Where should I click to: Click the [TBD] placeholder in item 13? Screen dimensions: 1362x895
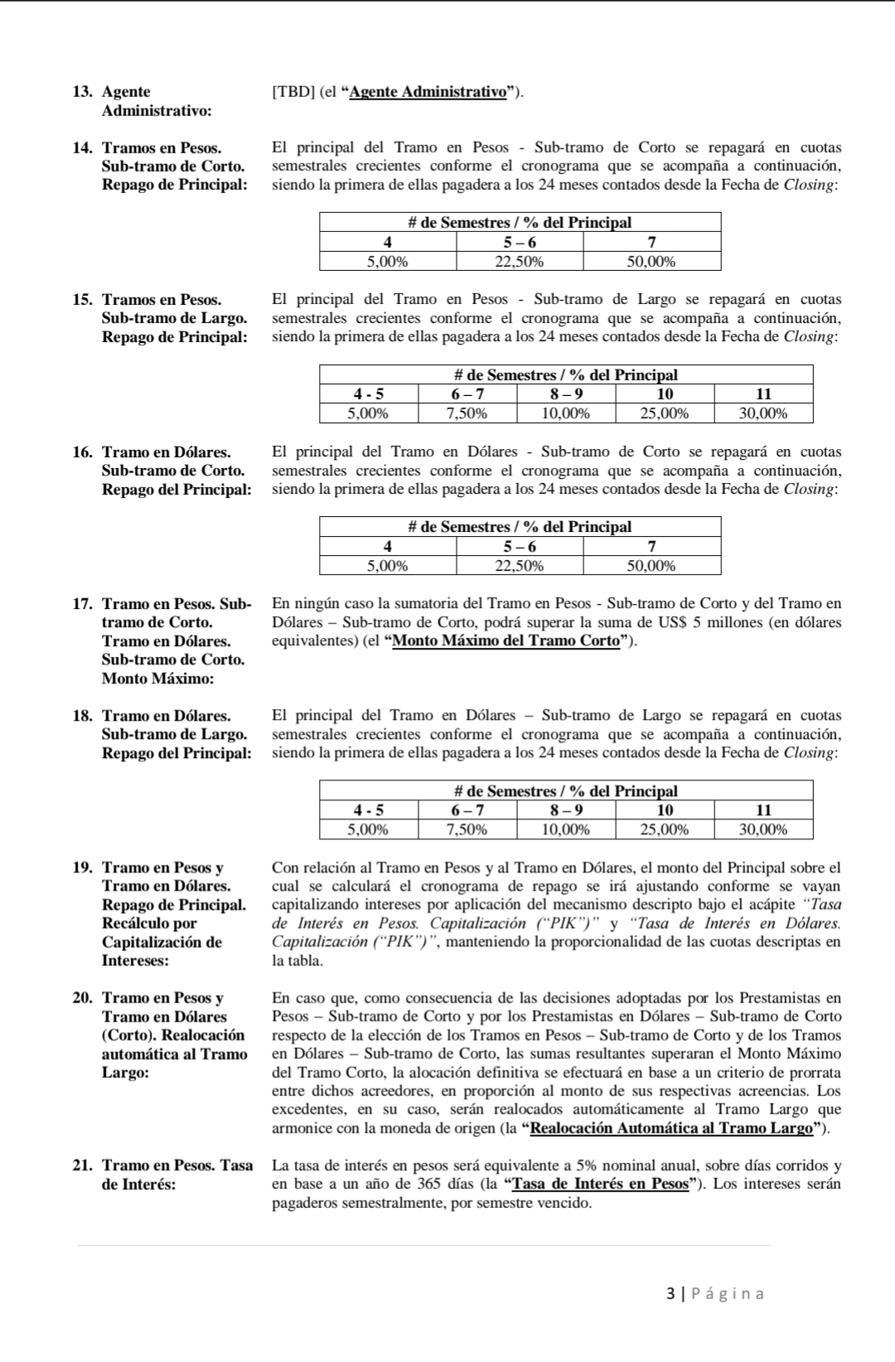click(x=292, y=92)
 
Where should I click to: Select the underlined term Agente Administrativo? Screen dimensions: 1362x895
click(x=428, y=92)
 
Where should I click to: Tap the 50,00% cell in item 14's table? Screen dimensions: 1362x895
click(x=651, y=262)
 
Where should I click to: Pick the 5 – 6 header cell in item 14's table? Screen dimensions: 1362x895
click(x=520, y=242)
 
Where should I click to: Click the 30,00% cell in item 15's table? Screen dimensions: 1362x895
click(x=762, y=413)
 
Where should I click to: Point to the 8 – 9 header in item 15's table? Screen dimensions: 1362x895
click(x=566, y=394)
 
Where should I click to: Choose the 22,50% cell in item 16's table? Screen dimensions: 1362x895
click(x=520, y=566)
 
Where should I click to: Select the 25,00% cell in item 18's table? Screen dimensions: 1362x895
click(x=664, y=829)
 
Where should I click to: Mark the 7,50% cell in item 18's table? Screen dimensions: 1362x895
click(x=467, y=829)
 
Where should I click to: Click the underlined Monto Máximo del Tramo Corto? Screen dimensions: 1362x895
click(x=506, y=640)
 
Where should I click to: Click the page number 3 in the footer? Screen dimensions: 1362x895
click(x=670, y=1293)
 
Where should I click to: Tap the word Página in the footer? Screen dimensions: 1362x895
click(x=728, y=1293)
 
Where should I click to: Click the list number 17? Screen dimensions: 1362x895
click(x=81, y=604)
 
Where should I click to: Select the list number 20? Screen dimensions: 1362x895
click(x=81, y=998)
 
